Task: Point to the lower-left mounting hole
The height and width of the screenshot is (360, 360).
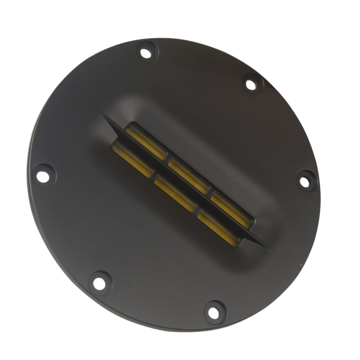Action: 98,282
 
